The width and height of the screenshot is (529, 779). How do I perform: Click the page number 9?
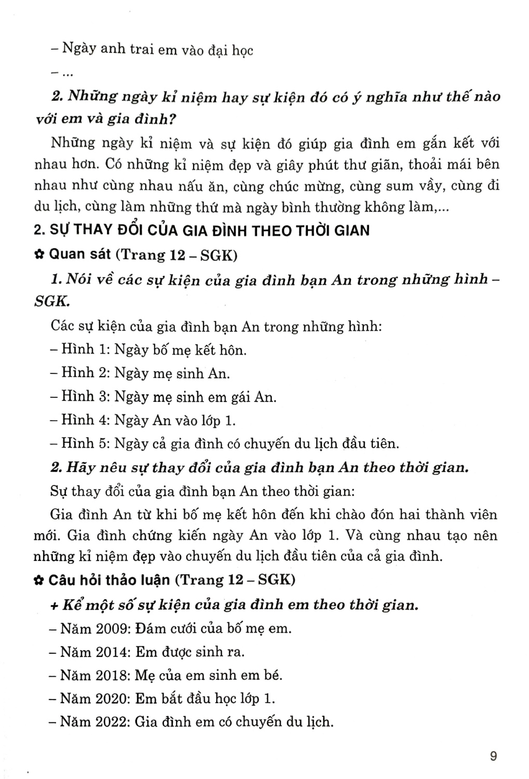point(493,756)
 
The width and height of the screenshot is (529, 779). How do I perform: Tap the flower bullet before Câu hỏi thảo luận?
point(38,580)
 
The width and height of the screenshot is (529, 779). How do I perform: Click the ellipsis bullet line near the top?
point(62,74)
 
